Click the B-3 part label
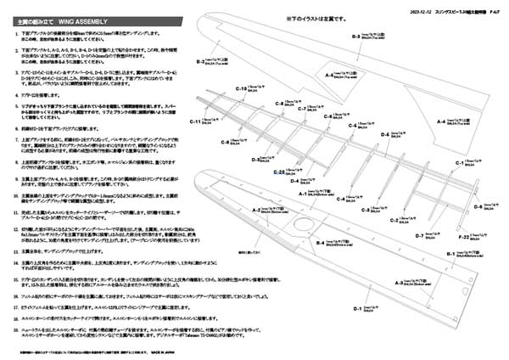[356, 37]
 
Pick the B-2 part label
[200, 61]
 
